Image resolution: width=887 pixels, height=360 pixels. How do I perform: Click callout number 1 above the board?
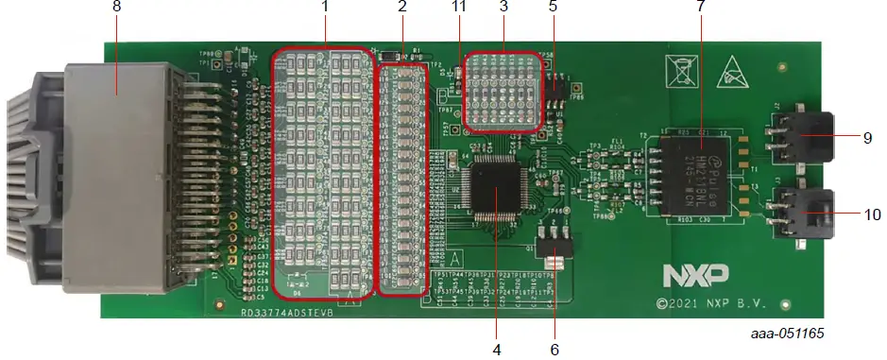click(324, 7)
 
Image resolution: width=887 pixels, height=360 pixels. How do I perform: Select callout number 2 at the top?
click(402, 7)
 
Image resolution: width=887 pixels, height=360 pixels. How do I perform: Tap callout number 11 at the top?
click(460, 7)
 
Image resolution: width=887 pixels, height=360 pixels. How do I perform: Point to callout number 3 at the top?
click(503, 7)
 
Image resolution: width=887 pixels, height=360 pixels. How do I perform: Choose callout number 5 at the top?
click(554, 7)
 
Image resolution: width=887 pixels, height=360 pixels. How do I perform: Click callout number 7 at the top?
click(700, 7)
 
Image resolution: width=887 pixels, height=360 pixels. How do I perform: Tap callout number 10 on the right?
click(871, 214)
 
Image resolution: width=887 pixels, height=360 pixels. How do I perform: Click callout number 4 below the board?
click(496, 349)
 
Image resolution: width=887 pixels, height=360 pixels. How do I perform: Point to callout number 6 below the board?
click(554, 349)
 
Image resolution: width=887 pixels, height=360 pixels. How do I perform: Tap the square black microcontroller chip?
click(498, 190)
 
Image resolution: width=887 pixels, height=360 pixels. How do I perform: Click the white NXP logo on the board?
click(695, 275)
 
